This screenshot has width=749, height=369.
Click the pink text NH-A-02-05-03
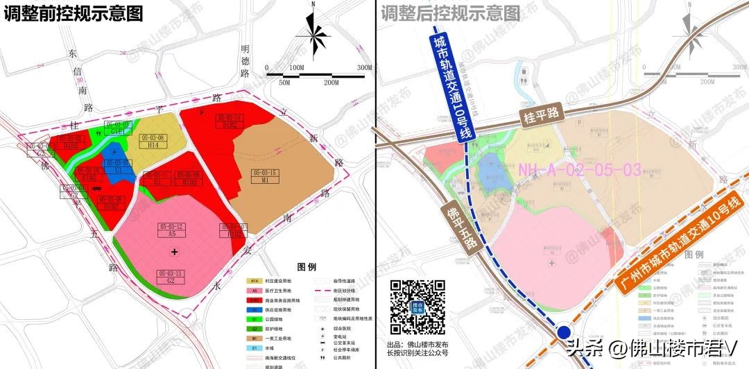coord(580,169)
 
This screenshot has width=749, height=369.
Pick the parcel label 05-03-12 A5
coord(171,230)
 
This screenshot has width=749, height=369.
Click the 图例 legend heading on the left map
coord(307,266)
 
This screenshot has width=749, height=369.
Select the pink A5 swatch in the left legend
coord(255,291)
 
